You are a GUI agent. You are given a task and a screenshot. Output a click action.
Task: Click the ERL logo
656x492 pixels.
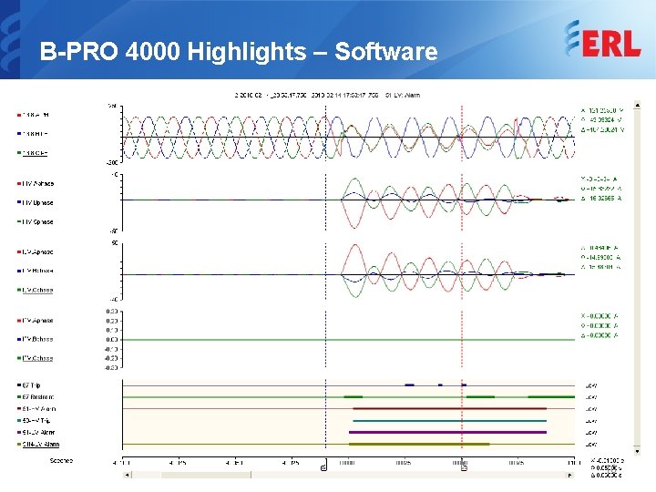(x=602, y=41)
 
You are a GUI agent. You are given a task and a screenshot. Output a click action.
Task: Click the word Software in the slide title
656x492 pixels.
(x=386, y=52)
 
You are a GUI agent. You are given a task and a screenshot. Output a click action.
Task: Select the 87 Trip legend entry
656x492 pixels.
(x=34, y=384)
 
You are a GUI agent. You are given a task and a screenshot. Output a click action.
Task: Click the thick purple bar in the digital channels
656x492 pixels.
(x=446, y=432)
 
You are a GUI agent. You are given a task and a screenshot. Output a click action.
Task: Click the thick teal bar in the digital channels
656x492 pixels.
(x=446, y=420)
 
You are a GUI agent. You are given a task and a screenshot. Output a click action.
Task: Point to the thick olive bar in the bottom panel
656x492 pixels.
(x=419, y=444)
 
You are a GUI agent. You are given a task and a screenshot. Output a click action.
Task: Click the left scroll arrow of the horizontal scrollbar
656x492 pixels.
(x=128, y=474)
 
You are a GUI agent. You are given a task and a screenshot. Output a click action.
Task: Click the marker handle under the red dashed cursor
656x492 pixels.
(x=464, y=467)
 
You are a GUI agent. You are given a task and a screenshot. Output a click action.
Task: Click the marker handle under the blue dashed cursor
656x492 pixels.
(x=324, y=467)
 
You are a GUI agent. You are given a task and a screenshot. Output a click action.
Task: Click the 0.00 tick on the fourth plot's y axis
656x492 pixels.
(x=113, y=339)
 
